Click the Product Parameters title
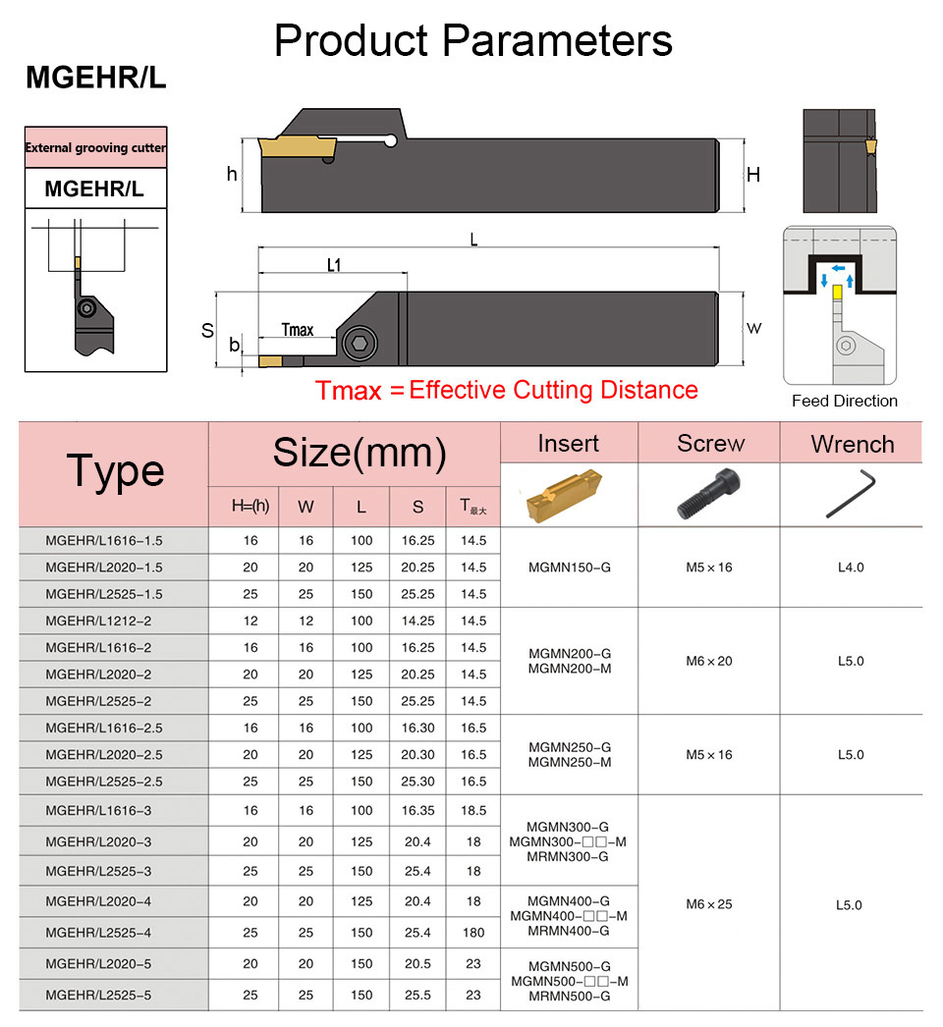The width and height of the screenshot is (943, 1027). (472, 41)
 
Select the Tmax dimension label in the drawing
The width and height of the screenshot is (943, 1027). (297, 330)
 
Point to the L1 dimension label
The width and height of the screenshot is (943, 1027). (333, 266)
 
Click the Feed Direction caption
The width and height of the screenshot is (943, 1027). (845, 401)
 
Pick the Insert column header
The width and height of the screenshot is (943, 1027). (568, 443)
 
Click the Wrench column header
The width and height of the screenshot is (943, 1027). (852, 444)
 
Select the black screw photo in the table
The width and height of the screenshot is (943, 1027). (709, 495)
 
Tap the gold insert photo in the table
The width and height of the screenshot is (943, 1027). (568, 494)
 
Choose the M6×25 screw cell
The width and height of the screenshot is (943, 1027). (709, 904)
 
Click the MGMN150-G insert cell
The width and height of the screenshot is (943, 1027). (569, 568)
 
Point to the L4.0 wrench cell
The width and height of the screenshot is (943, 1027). (851, 568)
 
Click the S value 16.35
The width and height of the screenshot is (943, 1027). (417, 810)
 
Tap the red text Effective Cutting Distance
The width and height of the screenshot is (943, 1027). (553, 390)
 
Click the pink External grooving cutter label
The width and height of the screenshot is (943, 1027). (95, 148)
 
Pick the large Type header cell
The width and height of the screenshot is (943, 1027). (114, 471)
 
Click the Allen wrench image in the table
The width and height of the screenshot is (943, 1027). (852, 494)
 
